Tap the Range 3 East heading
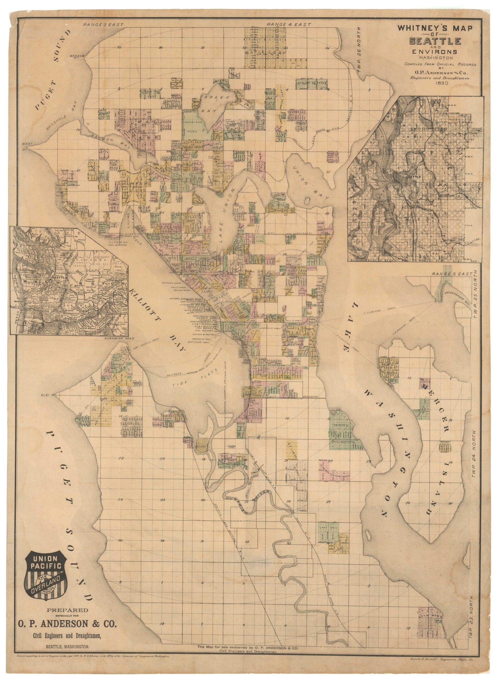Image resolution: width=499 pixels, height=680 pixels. point(103,25)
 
